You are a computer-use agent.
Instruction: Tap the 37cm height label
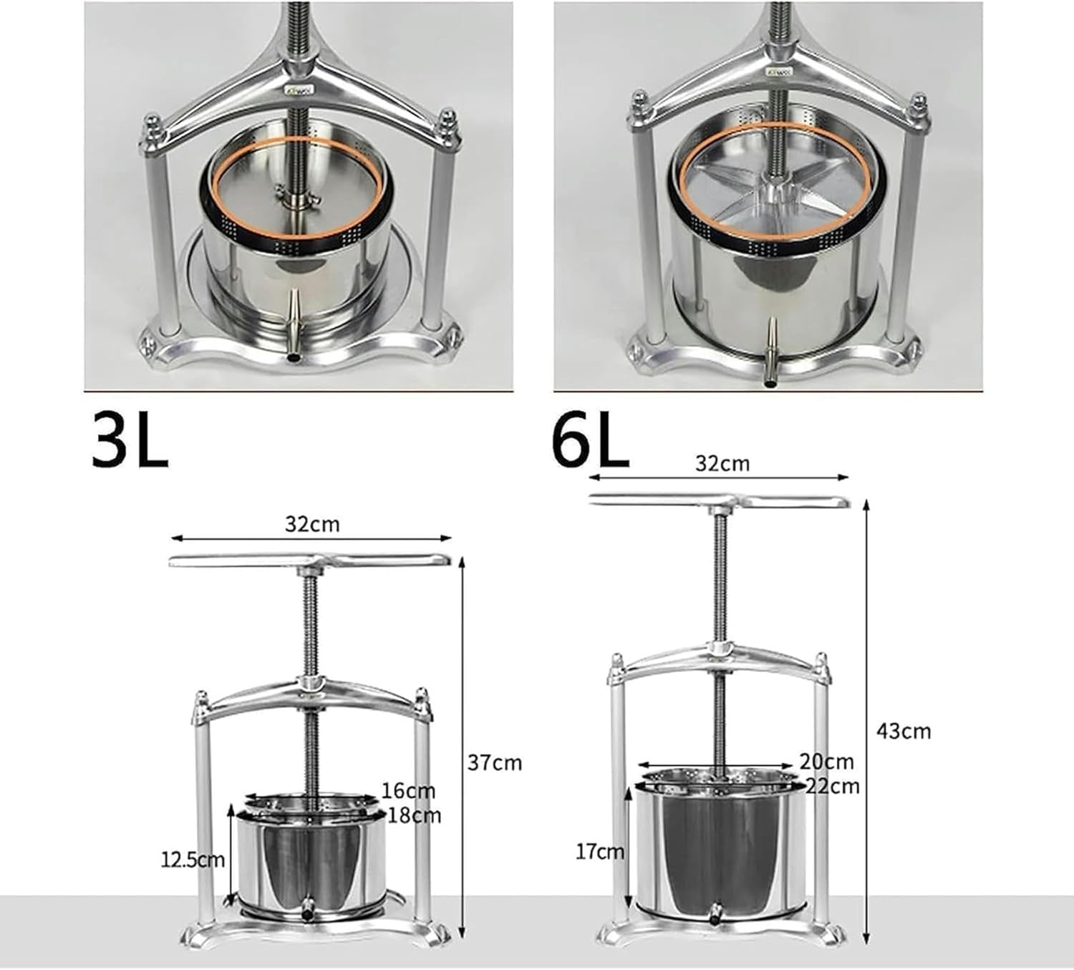pos(495,763)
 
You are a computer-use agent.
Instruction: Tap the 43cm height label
pos(904,731)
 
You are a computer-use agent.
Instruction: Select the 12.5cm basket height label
pos(193,859)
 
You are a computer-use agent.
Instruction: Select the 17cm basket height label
pos(600,851)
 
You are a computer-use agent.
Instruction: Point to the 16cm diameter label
pos(407,791)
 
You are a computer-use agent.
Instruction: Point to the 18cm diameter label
pos(415,815)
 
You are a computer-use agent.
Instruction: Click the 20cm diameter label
pos(827,762)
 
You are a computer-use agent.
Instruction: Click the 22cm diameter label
pos(832,785)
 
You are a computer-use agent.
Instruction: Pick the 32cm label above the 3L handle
pos(312,524)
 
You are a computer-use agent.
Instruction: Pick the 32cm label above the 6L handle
pos(722,463)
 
